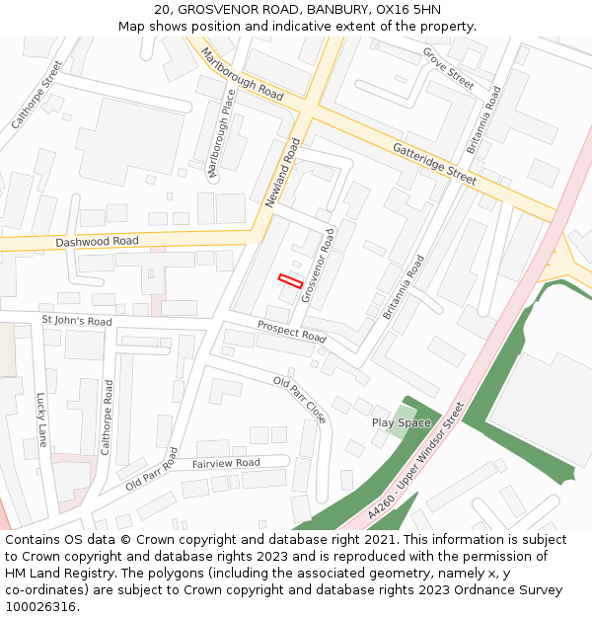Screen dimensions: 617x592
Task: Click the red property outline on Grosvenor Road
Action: [289, 280]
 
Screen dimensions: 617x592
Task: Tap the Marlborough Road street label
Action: [242, 74]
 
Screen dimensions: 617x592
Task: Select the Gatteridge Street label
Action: [434, 163]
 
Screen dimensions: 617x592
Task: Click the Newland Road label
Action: [282, 172]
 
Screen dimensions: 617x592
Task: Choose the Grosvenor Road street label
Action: [320, 264]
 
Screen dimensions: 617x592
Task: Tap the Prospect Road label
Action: [291, 331]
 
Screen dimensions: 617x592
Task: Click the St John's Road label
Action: [77, 321]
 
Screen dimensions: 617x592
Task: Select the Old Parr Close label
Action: [299, 399]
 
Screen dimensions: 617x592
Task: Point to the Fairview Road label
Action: [226, 463]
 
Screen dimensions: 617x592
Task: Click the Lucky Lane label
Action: [41, 420]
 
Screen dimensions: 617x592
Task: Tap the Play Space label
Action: [401, 423]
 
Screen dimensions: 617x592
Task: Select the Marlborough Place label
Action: [222, 134]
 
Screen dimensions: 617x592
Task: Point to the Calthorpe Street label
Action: [37, 95]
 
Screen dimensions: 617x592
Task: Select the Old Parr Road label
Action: [152, 470]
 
